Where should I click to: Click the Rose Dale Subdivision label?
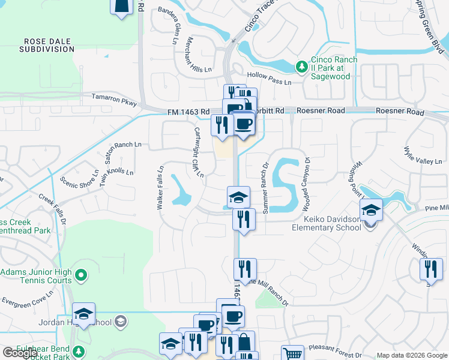[x=46, y=45]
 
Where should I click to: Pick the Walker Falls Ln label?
[x=160, y=187]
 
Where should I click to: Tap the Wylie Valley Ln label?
[x=423, y=155]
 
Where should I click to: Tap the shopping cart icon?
[x=292, y=354]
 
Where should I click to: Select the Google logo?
[x=20, y=353]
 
